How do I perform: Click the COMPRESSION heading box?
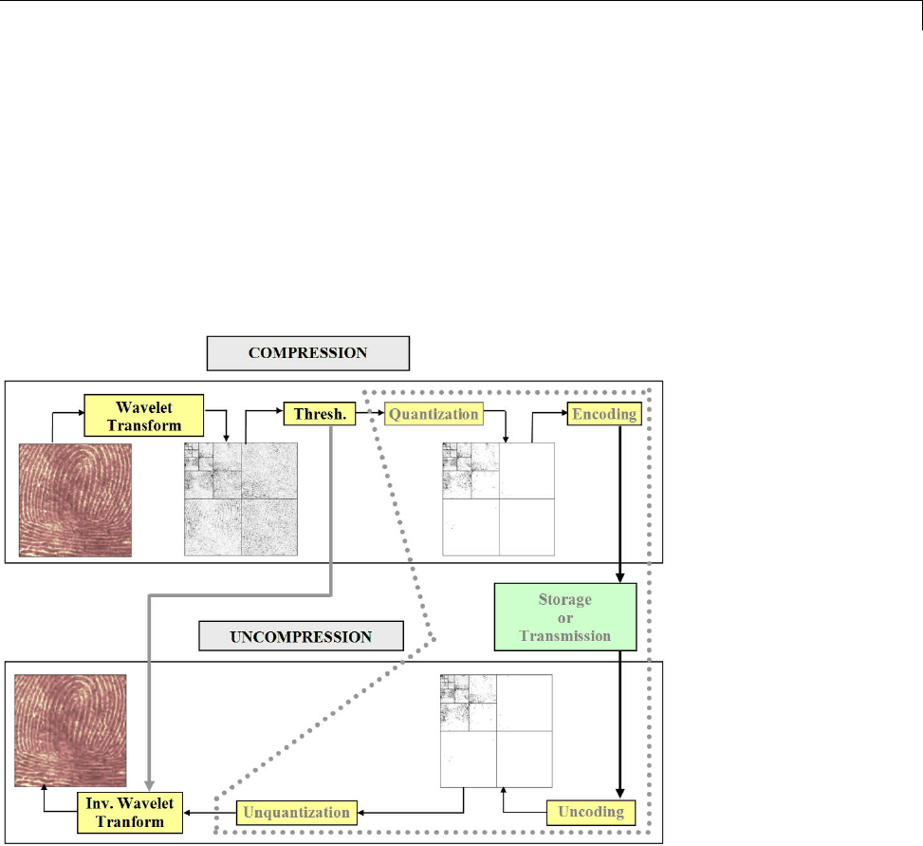[x=307, y=352]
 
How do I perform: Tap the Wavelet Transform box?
[x=144, y=414]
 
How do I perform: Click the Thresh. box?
[x=311, y=414]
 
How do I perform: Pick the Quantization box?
[x=434, y=414]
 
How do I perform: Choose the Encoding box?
[x=603, y=414]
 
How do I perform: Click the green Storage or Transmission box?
[x=564, y=617]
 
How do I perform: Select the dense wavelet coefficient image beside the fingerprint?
[x=241, y=499]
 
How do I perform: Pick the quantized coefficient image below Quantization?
[x=499, y=499]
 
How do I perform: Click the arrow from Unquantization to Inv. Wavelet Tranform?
[x=211, y=813]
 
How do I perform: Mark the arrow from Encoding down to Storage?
[x=620, y=503]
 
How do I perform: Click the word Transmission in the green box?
[x=564, y=636]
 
